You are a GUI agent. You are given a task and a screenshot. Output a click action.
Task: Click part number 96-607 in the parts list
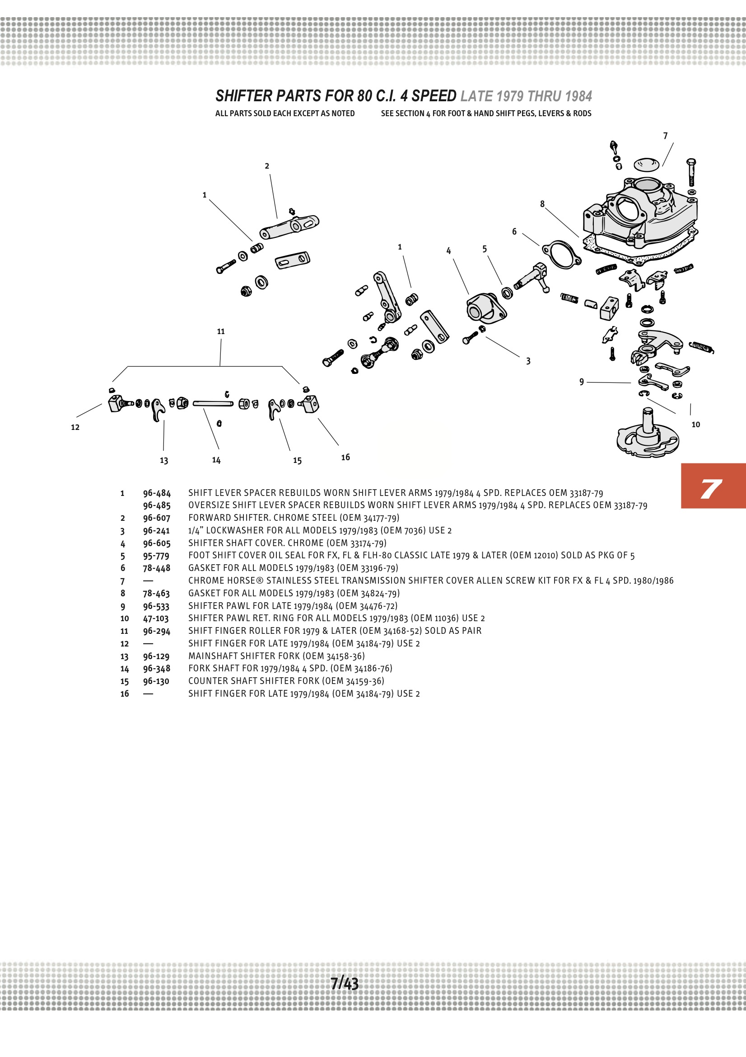[156, 518]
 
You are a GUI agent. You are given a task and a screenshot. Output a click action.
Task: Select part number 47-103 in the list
[155, 618]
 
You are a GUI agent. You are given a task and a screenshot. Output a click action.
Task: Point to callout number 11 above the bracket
[221, 331]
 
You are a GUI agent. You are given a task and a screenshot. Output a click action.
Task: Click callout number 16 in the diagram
[345, 457]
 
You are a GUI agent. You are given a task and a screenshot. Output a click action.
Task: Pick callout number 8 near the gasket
[542, 204]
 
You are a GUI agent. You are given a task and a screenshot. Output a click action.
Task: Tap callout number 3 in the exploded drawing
[528, 361]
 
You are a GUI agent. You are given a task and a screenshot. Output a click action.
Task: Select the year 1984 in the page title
[578, 96]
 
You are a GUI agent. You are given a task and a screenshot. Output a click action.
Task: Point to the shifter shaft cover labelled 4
[485, 307]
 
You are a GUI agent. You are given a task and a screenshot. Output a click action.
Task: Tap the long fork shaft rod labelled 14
[213, 404]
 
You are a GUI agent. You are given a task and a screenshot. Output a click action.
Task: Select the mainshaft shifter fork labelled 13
[158, 409]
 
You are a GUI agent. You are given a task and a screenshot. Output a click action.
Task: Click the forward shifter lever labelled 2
[289, 227]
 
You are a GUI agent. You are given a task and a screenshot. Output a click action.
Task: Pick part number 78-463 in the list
[156, 594]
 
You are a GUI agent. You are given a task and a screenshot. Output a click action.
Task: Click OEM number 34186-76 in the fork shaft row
[372, 669]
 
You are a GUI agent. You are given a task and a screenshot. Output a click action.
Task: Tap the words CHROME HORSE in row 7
[224, 580]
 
